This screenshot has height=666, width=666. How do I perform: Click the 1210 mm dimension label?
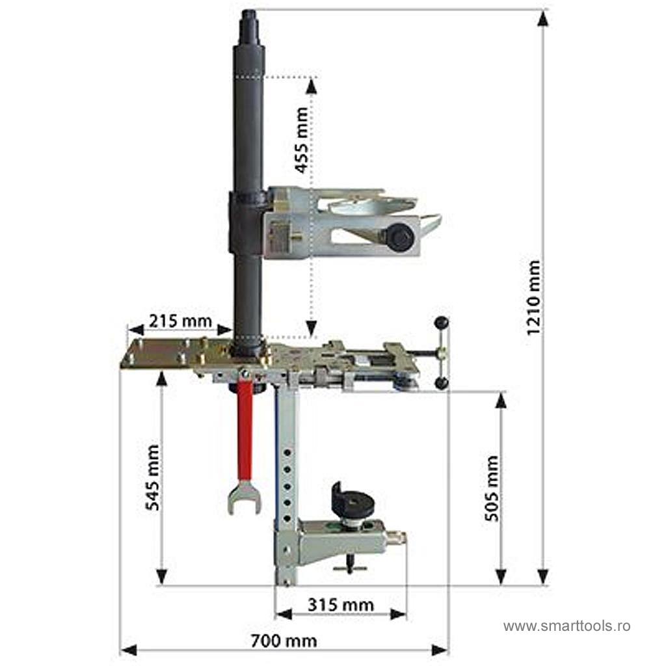(x=533, y=298)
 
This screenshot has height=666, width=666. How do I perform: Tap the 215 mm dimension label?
(x=180, y=321)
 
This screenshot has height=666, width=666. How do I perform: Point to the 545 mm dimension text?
(x=152, y=477)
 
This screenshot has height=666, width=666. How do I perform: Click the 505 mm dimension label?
(x=492, y=488)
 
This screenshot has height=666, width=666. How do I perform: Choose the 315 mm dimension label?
(x=341, y=605)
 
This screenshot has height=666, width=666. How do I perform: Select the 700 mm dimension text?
(x=284, y=641)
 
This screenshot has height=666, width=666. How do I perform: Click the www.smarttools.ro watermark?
(x=566, y=626)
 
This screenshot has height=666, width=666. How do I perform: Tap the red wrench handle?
(x=245, y=431)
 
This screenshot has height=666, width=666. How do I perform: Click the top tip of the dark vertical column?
(x=249, y=11)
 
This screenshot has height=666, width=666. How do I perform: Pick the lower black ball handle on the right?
(x=442, y=382)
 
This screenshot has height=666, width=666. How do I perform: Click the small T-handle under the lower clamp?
(x=350, y=565)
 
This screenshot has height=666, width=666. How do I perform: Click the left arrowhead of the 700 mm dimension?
(x=129, y=650)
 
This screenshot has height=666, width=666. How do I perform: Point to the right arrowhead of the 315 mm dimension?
(x=398, y=614)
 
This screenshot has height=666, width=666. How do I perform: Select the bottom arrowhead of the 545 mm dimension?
(x=161, y=577)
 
